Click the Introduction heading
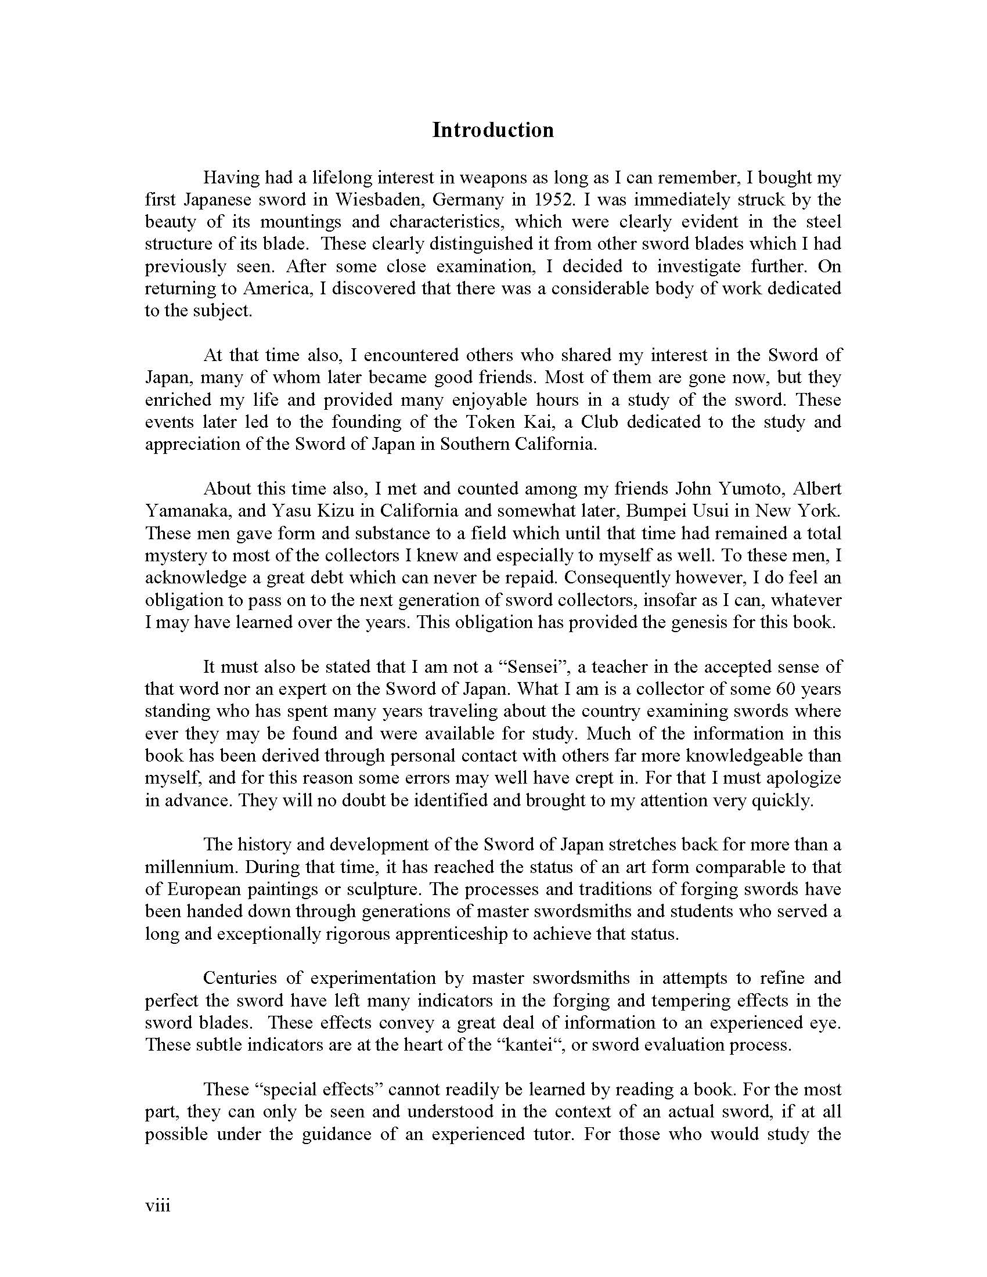click(x=493, y=130)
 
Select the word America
click(x=275, y=289)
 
